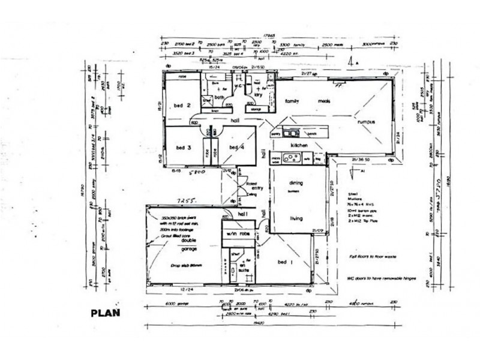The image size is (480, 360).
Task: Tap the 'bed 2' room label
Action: (182, 106)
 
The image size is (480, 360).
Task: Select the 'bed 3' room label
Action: (184, 147)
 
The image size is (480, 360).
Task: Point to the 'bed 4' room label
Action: (237, 147)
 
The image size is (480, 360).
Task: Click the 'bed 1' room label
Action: (285, 262)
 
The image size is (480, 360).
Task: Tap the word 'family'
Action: (292, 101)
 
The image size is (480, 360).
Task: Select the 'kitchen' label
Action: (299, 146)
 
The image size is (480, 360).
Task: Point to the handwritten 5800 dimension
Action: (199, 172)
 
